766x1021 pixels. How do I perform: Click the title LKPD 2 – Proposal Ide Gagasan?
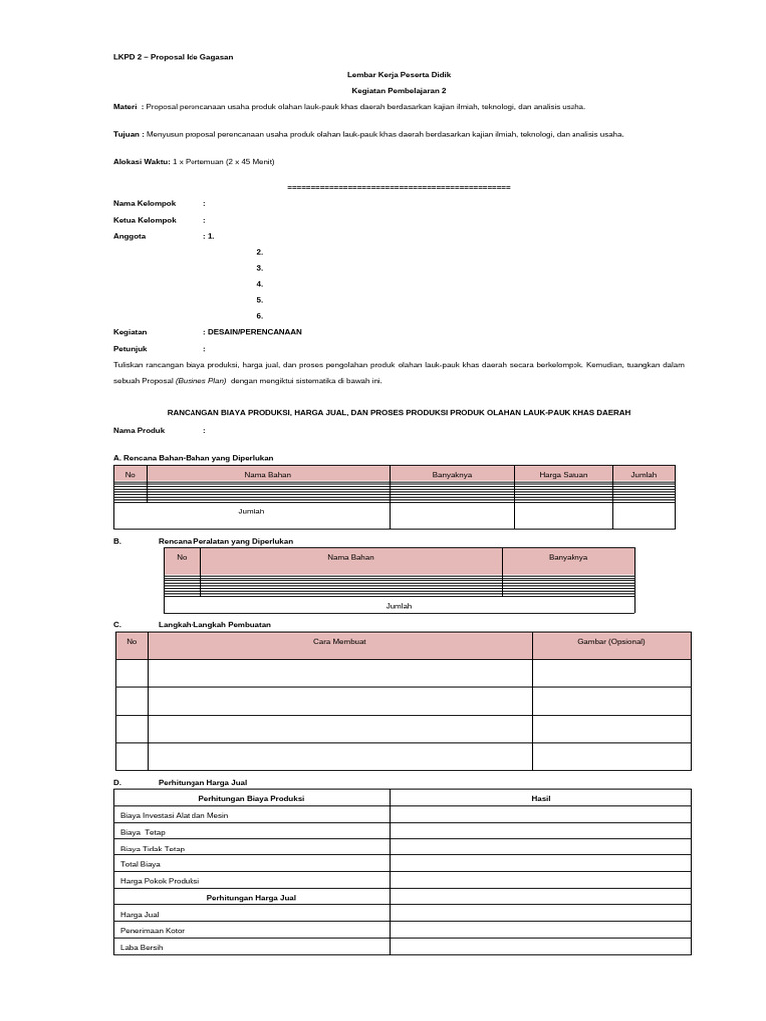[173, 57]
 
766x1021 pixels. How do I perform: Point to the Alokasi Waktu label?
[142, 161]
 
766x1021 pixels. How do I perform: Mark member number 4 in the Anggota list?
[259, 283]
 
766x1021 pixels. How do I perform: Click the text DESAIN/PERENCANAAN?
[254, 331]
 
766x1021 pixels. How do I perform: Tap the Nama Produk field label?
[141, 431]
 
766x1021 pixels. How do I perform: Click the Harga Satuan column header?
[563, 475]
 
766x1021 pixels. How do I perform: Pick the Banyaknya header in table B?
[568, 557]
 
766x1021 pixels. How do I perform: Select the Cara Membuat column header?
[339, 641]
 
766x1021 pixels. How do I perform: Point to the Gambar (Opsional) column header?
[611, 641]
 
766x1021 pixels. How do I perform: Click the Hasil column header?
[540, 799]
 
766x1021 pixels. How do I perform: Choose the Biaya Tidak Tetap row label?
[152, 848]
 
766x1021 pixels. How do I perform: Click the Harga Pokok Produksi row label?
[160, 881]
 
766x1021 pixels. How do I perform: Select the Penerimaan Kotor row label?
[152, 930]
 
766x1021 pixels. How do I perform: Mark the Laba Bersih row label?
[141, 947]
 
